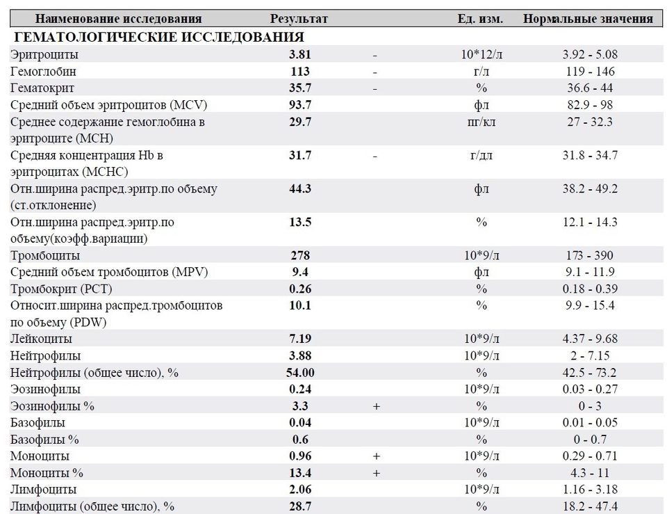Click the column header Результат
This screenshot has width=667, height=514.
[x=299, y=19]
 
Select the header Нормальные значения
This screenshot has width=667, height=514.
[x=588, y=19]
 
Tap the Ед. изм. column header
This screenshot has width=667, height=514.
[x=480, y=19]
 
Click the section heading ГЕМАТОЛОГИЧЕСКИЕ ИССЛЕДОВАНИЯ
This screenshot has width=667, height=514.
[x=159, y=37]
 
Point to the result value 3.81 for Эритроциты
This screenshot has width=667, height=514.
[x=300, y=54]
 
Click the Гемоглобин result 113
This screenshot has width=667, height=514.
[x=300, y=71]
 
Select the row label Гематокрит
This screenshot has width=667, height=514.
[x=42, y=88]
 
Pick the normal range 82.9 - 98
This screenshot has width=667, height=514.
[x=590, y=105]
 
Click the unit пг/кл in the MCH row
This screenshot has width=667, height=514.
[x=481, y=122]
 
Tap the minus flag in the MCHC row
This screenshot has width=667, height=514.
[x=374, y=156]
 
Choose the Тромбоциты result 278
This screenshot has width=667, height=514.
[x=300, y=255]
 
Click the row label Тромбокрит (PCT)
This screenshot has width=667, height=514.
[x=61, y=289]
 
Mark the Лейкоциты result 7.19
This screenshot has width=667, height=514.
[x=300, y=339]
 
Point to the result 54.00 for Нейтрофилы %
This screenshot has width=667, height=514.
[x=300, y=373]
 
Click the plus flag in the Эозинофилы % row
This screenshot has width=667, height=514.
[x=376, y=406]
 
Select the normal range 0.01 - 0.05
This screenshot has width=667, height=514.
[x=590, y=422]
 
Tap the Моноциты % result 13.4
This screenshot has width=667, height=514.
[x=300, y=473]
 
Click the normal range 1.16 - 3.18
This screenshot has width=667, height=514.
[x=590, y=489]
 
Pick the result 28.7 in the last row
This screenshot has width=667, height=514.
[x=300, y=506]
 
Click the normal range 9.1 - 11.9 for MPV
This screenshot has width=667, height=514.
[x=590, y=272]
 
